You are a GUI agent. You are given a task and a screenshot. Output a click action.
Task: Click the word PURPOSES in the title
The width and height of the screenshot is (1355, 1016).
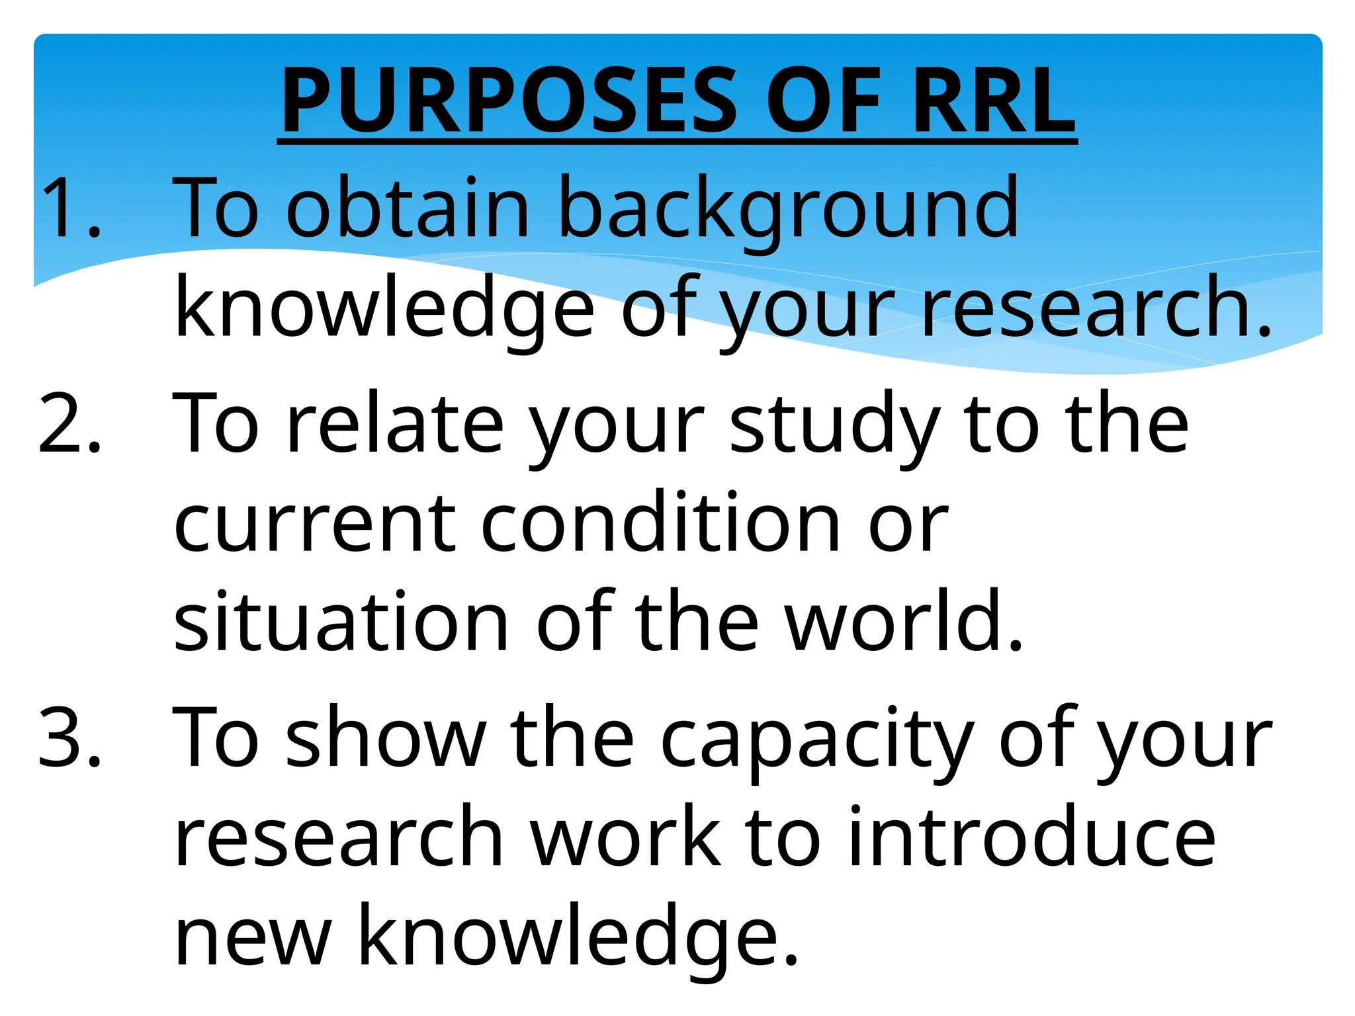tap(509, 101)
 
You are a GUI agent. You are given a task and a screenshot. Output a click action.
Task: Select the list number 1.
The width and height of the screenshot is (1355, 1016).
tap(69, 208)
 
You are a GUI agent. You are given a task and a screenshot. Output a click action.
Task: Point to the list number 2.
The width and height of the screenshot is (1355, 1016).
tap(69, 424)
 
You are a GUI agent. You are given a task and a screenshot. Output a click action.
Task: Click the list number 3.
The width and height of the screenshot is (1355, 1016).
tap(69, 738)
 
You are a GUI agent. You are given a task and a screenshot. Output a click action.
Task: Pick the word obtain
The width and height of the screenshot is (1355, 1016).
tap(408, 208)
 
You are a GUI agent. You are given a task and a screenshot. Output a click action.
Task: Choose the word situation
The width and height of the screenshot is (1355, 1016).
tap(341, 622)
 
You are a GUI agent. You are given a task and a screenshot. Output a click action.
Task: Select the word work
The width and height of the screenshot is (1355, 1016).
tap(625, 837)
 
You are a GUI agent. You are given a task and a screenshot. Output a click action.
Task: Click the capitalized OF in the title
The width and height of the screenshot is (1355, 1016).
tap(823, 101)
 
